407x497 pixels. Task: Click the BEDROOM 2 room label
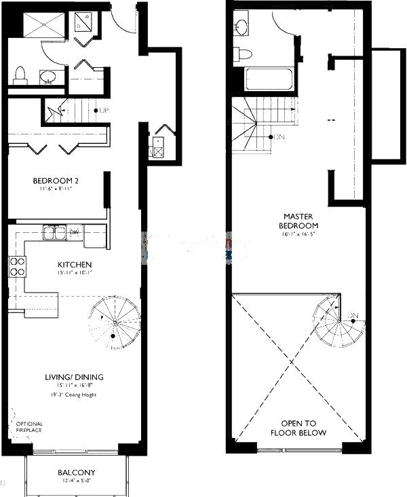(56, 181)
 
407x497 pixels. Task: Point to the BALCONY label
(76, 473)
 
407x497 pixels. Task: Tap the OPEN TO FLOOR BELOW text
(298, 427)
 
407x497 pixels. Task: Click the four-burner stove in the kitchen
(17, 267)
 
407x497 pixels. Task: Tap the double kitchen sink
(52, 233)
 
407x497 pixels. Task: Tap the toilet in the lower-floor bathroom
(20, 73)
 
